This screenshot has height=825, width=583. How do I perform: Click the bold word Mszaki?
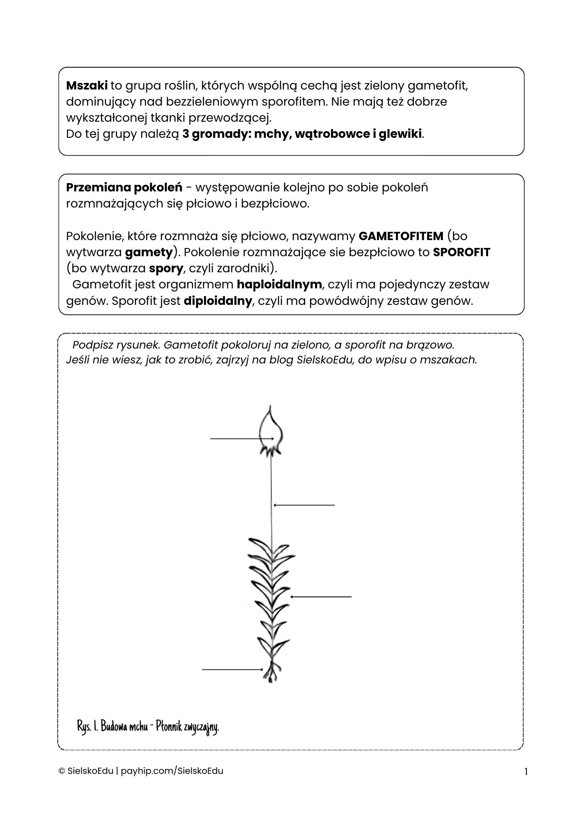[87, 86]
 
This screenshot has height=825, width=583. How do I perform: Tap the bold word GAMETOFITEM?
[401, 236]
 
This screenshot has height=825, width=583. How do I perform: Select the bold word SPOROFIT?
[461, 252]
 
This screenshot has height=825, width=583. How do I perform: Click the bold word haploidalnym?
[279, 285]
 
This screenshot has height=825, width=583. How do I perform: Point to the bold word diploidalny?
[217, 301]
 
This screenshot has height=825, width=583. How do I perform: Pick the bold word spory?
[166, 269]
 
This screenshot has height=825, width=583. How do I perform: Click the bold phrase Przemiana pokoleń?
[124, 188]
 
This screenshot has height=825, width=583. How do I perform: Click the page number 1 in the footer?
[526, 772]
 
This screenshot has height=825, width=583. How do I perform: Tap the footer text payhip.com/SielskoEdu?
[172, 771]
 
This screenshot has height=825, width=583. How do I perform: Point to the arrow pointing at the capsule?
[242, 439]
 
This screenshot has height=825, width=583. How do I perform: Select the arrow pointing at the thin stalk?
[304, 505]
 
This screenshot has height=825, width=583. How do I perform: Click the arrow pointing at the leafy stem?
[321, 596]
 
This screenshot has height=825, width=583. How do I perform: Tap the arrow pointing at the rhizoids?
[233, 669]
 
